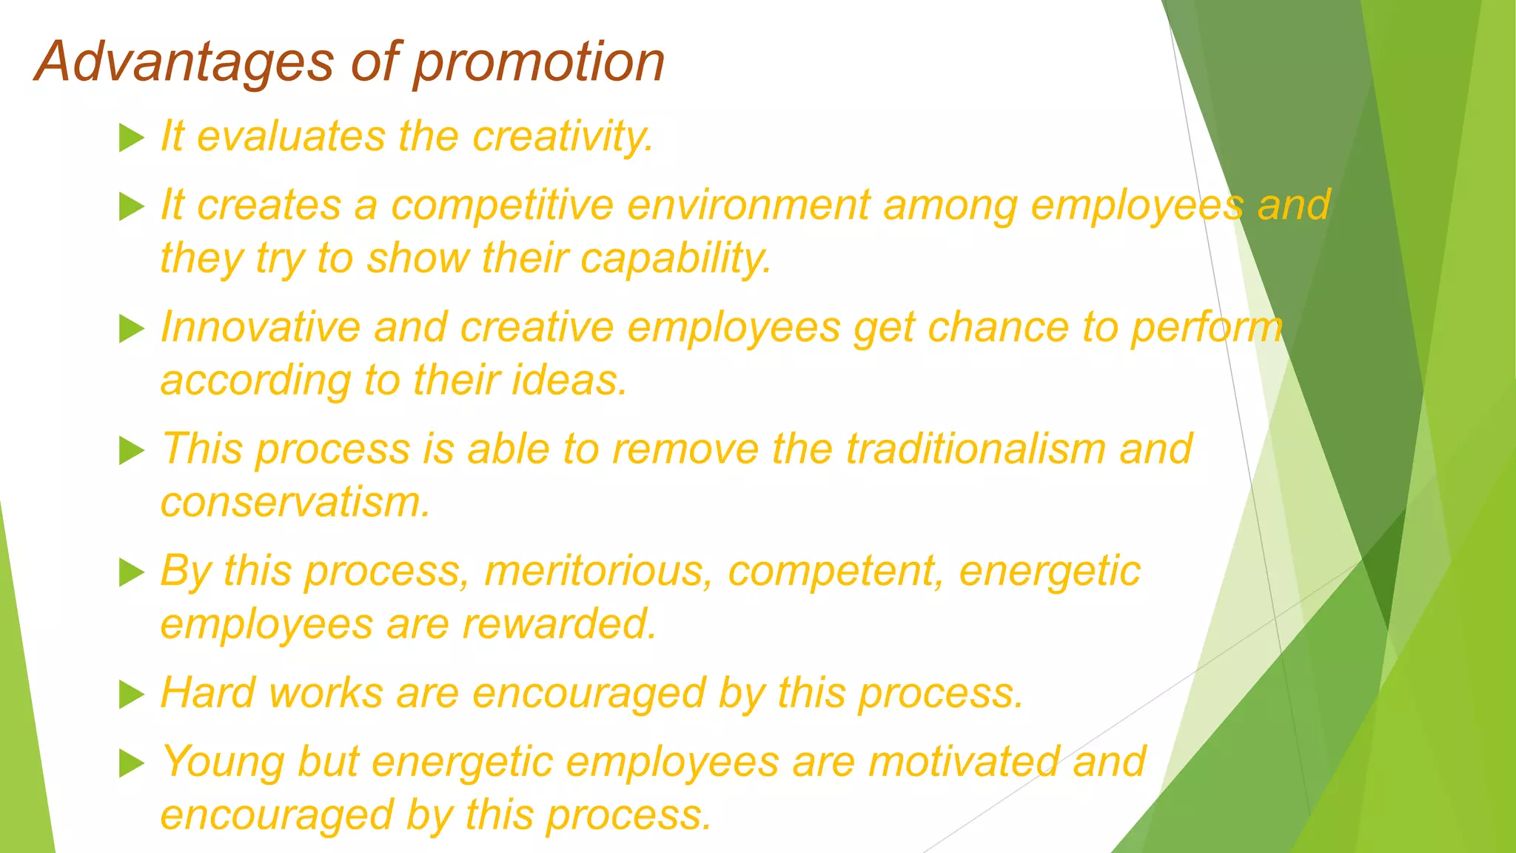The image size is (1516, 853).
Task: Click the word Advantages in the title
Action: point(185,62)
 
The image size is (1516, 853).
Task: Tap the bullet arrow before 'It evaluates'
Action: point(131,138)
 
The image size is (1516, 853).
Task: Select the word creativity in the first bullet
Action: point(563,137)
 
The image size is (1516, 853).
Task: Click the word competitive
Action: point(503,205)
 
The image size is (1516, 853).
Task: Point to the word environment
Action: point(748,205)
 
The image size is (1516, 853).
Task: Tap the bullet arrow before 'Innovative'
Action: point(131,329)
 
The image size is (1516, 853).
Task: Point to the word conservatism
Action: point(295,503)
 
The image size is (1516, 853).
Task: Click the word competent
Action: point(836,571)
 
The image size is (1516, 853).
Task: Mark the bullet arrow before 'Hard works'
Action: point(131,695)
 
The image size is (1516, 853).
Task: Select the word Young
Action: point(222,762)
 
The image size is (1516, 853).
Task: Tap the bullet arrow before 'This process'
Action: point(131,450)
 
